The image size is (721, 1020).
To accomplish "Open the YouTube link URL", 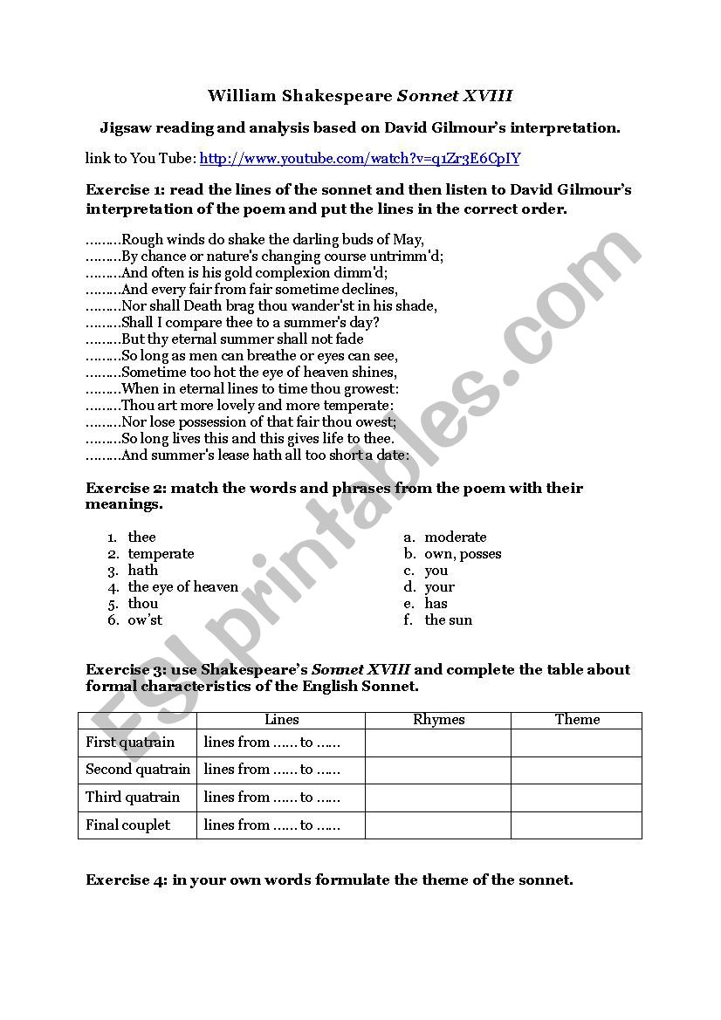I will [x=360, y=158].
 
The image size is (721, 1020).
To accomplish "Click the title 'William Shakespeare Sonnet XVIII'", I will [x=360, y=95].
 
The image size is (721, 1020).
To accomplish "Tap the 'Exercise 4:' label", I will [x=127, y=880].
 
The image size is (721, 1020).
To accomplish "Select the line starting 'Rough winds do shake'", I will [x=272, y=239].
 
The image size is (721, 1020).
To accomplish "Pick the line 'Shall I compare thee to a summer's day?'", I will [x=250, y=322].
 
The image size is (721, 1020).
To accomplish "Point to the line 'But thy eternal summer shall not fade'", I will [x=242, y=339].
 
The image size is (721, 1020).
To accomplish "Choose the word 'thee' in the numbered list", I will [x=141, y=537].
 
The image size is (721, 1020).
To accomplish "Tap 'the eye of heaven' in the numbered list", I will [x=182, y=586].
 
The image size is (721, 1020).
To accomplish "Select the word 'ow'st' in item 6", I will [x=145, y=620].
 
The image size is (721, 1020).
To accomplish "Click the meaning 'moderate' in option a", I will [x=455, y=537].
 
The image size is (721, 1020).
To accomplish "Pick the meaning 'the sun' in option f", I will [x=448, y=620].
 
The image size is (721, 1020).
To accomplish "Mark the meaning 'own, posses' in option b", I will [x=463, y=553].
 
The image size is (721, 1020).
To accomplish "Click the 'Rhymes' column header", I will [x=438, y=720].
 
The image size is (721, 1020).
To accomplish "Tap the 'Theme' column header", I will [x=577, y=720].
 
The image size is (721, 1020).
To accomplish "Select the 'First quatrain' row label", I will [x=130, y=743].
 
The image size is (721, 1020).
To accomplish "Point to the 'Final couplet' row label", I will [x=128, y=825].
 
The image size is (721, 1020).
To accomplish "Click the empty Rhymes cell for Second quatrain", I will [x=438, y=770].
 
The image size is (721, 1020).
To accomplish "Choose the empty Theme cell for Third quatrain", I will [x=577, y=798].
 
